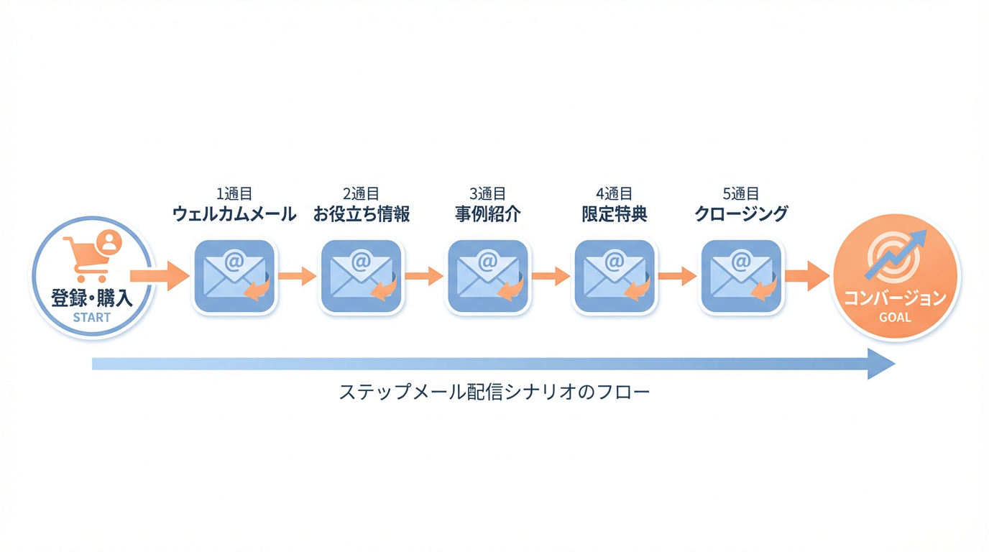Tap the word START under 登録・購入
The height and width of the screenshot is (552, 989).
click(92, 317)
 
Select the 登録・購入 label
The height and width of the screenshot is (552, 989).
click(92, 298)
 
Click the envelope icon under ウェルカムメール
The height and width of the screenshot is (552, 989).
click(234, 276)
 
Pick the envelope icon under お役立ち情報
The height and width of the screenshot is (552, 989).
click(362, 276)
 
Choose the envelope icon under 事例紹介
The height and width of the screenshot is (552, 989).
click(488, 276)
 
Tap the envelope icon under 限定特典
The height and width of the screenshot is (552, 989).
click(615, 276)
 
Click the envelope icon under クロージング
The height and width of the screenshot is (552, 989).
click(741, 276)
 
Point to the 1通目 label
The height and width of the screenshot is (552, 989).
click(234, 193)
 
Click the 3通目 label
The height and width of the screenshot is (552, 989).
click(488, 193)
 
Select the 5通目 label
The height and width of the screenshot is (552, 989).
click(741, 193)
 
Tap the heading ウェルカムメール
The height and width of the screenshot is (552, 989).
click(234, 214)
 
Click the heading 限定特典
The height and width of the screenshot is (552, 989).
click(615, 214)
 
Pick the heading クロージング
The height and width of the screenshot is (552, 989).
click(741, 214)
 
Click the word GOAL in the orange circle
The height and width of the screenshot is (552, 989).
click(895, 317)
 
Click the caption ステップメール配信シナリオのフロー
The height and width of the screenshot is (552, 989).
click(494, 392)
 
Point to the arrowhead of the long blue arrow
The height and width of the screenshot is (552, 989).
click(881, 364)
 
